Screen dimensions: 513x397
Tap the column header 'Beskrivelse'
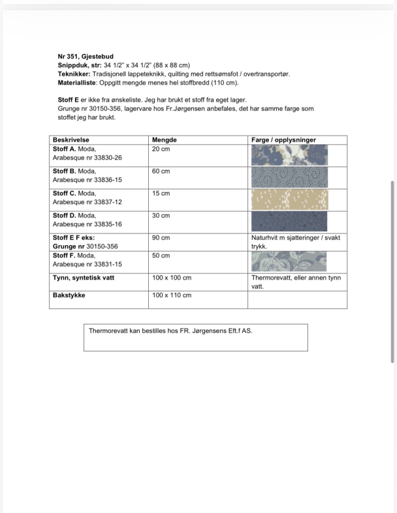coord(71,140)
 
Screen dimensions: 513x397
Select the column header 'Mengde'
coord(164,140)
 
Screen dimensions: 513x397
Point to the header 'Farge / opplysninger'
coord(283,140)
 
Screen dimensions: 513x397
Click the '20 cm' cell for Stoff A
coord(161,149)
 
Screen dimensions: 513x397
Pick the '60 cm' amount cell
coord(161,171)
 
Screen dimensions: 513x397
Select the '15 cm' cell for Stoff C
coord(161,194)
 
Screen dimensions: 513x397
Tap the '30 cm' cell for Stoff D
coord(161,216)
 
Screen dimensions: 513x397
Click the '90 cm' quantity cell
coord(161,238)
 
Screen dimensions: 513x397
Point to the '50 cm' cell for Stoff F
coord(161,256)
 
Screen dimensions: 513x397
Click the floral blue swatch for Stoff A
coord(289,155)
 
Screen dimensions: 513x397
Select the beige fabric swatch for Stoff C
coord(289,199)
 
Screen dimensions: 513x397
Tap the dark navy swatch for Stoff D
coord(289,221)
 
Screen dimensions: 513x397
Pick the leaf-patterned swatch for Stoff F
coord(289,261)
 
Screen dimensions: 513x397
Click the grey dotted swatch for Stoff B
coord(289,177)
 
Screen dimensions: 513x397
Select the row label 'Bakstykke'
coord(69,295)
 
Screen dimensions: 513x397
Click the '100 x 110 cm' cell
coord(172,295)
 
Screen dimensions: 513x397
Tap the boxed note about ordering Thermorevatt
coord(195,336)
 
